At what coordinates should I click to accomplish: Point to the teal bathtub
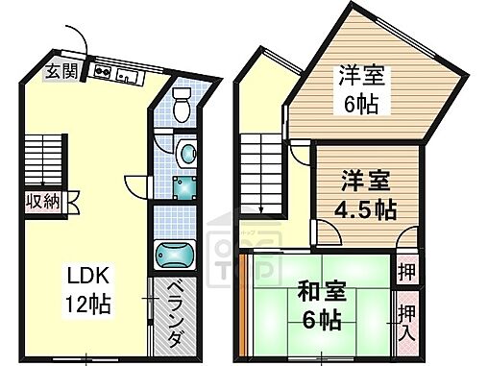click(177, 256)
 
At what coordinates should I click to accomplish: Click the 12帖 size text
click(87, 305)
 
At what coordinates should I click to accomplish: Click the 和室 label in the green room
click(320, 289)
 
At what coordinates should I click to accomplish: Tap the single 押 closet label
click(407, 270)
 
